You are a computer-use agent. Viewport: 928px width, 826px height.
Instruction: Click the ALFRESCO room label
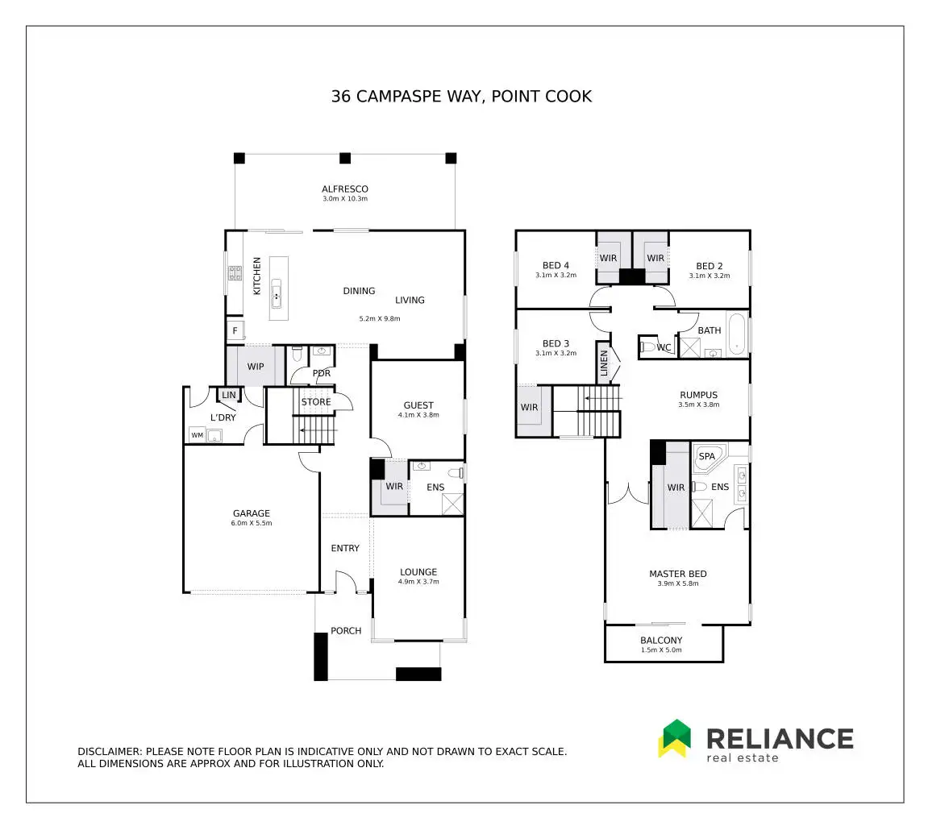coord(345,189)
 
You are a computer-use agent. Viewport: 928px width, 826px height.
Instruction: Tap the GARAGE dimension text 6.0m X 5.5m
coord(252,523)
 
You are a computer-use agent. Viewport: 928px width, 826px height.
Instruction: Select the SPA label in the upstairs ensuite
coord(706,456)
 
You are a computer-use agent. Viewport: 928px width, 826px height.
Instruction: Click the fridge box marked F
coord(235,330)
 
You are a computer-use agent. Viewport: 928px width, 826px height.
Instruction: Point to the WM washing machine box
coord(197,435)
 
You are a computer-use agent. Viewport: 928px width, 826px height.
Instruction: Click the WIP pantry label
coord(256,367)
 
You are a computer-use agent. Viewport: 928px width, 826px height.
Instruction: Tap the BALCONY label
coord(661,640)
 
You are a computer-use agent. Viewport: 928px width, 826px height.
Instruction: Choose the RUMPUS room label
coord(698,395)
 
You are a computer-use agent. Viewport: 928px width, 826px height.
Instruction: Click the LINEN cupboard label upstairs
coord(604,363)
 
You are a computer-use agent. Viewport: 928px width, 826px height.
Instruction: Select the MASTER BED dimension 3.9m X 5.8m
coord(677,583)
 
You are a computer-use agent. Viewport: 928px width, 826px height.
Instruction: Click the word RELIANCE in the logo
coord(780,739)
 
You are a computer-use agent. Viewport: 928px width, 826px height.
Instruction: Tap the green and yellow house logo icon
coord(675,738)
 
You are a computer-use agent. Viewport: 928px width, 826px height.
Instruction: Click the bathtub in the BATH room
coord(737,334)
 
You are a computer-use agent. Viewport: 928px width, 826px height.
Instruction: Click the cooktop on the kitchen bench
coord(235,272)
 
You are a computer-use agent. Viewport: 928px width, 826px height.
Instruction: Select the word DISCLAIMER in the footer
coord(110,751)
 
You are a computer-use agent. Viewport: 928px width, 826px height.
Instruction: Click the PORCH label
coord(346,631)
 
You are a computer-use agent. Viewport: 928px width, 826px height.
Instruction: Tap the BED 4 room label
coord(556,266)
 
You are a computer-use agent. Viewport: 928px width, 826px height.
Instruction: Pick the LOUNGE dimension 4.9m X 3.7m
coord(418,582)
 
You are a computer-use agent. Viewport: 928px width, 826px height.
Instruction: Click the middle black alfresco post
coord(345,158)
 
